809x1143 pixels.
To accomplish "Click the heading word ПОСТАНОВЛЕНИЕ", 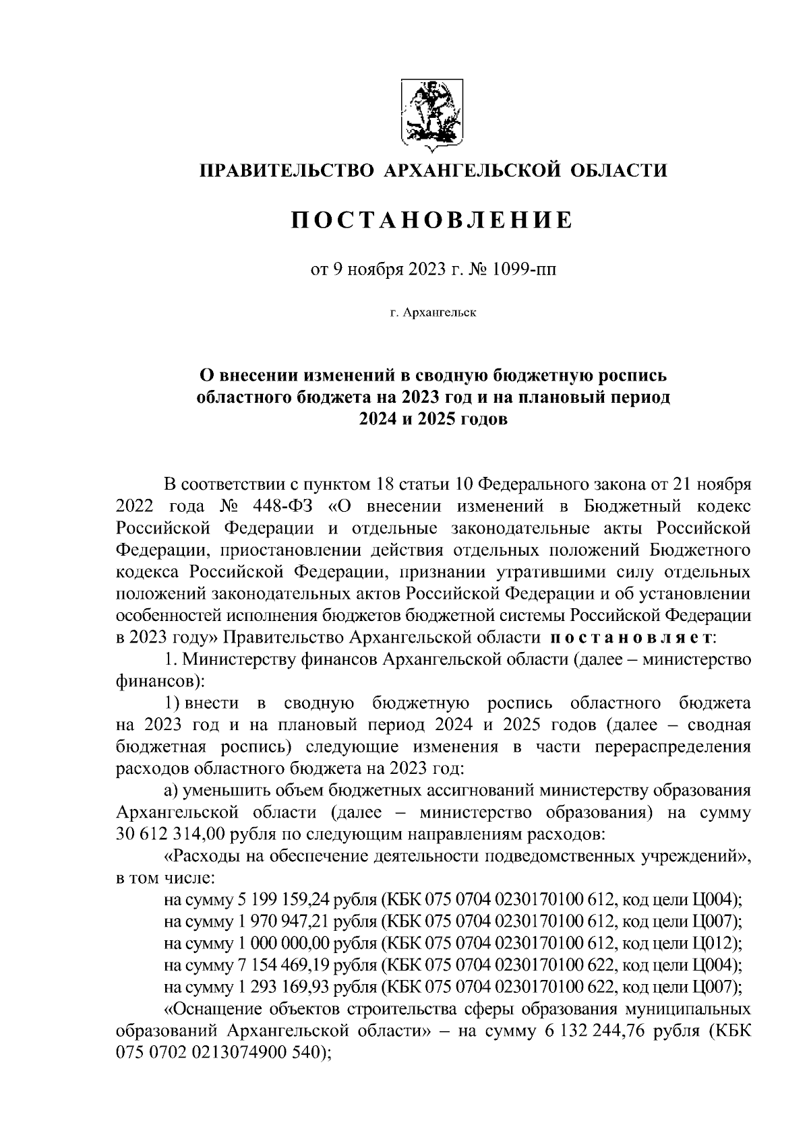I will (431, 220).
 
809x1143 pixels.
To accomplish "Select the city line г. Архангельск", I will (432, 313).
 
